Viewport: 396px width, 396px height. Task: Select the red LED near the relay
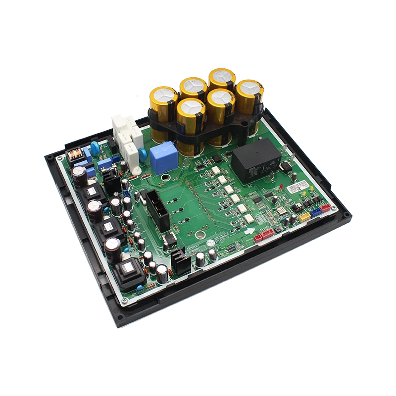(281, 187)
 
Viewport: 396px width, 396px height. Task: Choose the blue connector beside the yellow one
(316, 212)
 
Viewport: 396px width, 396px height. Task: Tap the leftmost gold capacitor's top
(164, 94)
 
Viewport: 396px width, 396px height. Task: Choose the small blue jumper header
(127, 195)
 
